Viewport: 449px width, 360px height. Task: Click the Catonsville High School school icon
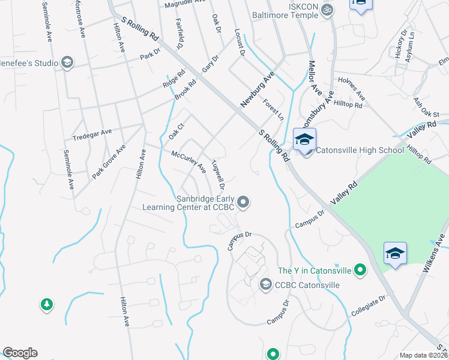[304, 141]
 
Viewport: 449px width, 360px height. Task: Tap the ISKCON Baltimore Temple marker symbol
[327, 10]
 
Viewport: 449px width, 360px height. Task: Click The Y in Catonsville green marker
[360, 271]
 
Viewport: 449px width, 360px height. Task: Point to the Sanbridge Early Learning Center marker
[243, 202]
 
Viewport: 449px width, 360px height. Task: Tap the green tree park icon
[46, 305]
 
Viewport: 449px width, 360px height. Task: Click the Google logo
[20, 353]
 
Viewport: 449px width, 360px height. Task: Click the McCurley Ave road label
[188, 161]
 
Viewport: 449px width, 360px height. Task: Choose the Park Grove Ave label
[109, 161]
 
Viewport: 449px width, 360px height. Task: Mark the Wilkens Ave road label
[436, 253]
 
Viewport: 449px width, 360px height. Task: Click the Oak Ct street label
[175, 131]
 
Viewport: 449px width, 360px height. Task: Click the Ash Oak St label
[427, 108]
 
